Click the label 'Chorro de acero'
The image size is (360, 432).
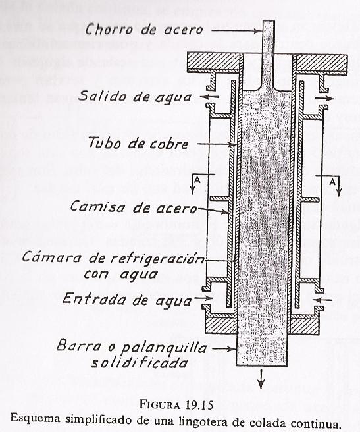[144, 29]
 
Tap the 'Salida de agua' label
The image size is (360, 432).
[135, 96]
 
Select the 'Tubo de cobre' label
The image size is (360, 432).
[139, 144]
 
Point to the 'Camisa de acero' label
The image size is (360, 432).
[134, 206]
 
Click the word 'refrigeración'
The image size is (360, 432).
[158, 258]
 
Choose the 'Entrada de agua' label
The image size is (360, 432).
[127, 299]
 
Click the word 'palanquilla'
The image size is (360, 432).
[164, 348]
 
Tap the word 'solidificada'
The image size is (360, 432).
[140, 363]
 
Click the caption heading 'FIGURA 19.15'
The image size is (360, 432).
[176, 405]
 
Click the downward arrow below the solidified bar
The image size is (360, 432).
[261, 379]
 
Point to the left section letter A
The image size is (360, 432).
[197, 180]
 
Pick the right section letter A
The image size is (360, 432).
[332, 182]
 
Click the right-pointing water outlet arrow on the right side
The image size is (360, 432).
[324, 98]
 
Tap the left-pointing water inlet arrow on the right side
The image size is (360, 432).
[323, 299]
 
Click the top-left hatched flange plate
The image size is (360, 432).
[213, 63]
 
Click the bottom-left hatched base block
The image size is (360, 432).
[220, 326]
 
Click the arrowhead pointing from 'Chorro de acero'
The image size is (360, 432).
[259, 31]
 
